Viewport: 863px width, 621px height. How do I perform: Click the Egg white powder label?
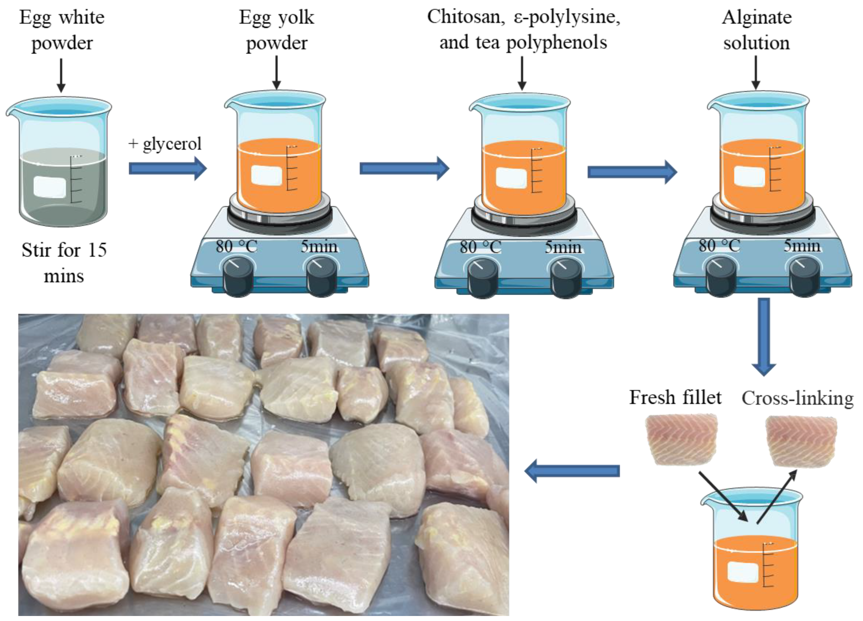[62, 30]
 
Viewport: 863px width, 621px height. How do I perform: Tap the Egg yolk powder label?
[277, 30]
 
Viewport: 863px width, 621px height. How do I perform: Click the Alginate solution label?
[756, 30]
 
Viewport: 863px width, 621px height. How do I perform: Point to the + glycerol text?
[165, 144]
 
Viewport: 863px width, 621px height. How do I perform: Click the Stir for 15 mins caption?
[64, 263]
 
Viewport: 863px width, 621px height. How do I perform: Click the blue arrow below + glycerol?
[167, 168]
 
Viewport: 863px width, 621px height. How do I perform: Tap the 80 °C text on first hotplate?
[236, 247]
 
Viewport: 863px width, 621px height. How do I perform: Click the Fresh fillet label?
[675, 398]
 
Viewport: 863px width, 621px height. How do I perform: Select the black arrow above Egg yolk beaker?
[277, 72]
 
